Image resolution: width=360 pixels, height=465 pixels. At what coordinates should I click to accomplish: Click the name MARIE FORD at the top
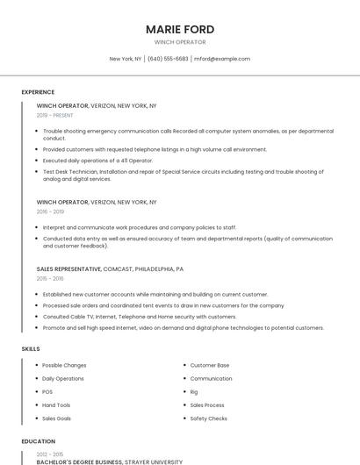pyautogui.click(x=180, y=29)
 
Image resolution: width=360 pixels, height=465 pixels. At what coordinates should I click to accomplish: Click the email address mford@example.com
pyautogui.click(x=222, y=59)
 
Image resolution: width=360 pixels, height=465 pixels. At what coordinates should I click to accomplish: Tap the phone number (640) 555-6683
pyautogui.click(x=168, y=59)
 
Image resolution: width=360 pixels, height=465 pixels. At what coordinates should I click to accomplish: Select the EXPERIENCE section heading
pyautogui.click(x=38, y=92)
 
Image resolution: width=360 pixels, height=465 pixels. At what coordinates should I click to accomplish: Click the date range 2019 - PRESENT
pyautogui.click(x=55, y=115)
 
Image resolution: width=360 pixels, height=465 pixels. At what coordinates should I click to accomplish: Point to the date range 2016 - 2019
pyautogui.click(x=50, y=211)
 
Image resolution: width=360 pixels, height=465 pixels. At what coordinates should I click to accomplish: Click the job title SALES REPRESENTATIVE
pyautogui.click(x=68, y=268)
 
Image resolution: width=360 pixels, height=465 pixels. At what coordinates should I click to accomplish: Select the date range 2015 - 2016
pyautogui.click(x=50, y=278)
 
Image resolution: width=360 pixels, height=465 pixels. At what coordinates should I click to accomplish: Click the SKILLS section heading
pyautogui.click(x=31, y=349)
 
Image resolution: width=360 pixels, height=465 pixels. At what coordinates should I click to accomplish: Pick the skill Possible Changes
pyautogui.click(x=64, y=365)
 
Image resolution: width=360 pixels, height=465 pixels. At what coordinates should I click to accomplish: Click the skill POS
pyautogui.click(x=47, y=391)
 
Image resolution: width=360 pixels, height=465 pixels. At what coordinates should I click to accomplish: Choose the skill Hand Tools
pyautogui.click(x=56, y=404)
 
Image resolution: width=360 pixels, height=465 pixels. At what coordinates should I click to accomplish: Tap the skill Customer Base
pyautogui.click(x=210, y=365)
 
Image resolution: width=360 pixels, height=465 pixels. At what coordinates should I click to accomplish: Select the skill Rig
pyautogui.click(x=194, y=391)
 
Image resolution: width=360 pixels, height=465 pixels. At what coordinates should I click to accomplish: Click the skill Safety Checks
pyautogui.click(x=209, y=418)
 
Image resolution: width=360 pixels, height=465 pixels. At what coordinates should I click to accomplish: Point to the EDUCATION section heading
pyautogui.click(x=38, y=441)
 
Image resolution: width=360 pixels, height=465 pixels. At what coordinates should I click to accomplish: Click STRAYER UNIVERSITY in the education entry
pyautogui.click(x=154, y=461)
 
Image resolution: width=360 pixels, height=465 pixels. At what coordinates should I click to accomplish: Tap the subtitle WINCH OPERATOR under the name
pyautogui.click(x=180, y=42)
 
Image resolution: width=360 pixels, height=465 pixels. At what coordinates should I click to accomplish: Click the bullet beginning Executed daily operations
pyautogui.click(x=97, y=161)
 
